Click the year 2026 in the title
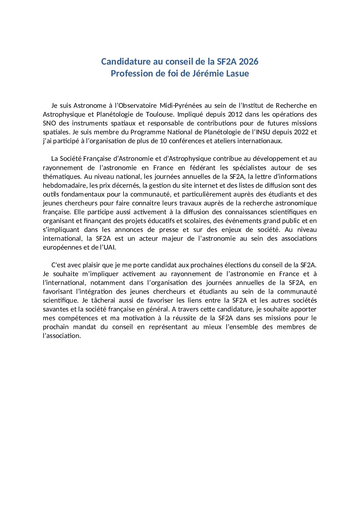tap(248, 62)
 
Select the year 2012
tap(235, 115)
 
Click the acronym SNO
tap(49, 123)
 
